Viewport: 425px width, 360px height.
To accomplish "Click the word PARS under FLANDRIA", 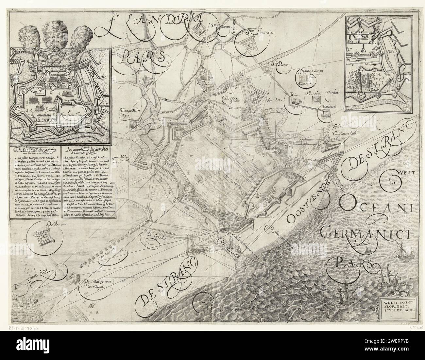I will (144, 58).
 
